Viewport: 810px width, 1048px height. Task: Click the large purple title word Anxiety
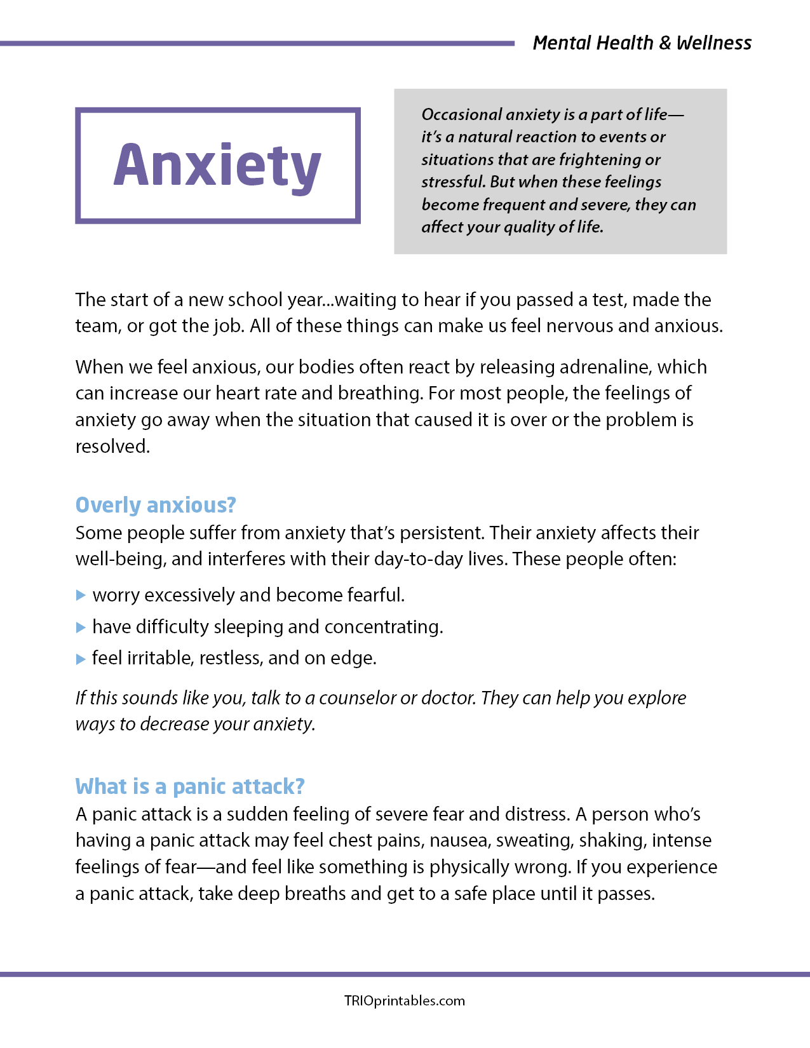click(217, 165)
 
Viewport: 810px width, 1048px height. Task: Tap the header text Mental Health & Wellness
click(642, 43)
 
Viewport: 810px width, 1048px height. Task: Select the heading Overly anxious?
click(156, 505)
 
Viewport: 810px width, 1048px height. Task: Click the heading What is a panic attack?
click(190, 786)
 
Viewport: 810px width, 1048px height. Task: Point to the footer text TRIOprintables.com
click(405, 1000)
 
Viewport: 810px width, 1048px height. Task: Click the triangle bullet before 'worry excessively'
click(81, 595)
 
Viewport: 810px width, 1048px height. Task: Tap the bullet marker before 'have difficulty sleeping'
click(81, 627)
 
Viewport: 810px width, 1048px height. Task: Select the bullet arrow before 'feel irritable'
click(81, 659)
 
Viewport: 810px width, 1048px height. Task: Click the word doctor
click(448, 698)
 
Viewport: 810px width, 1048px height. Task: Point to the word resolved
click(112, 447)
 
